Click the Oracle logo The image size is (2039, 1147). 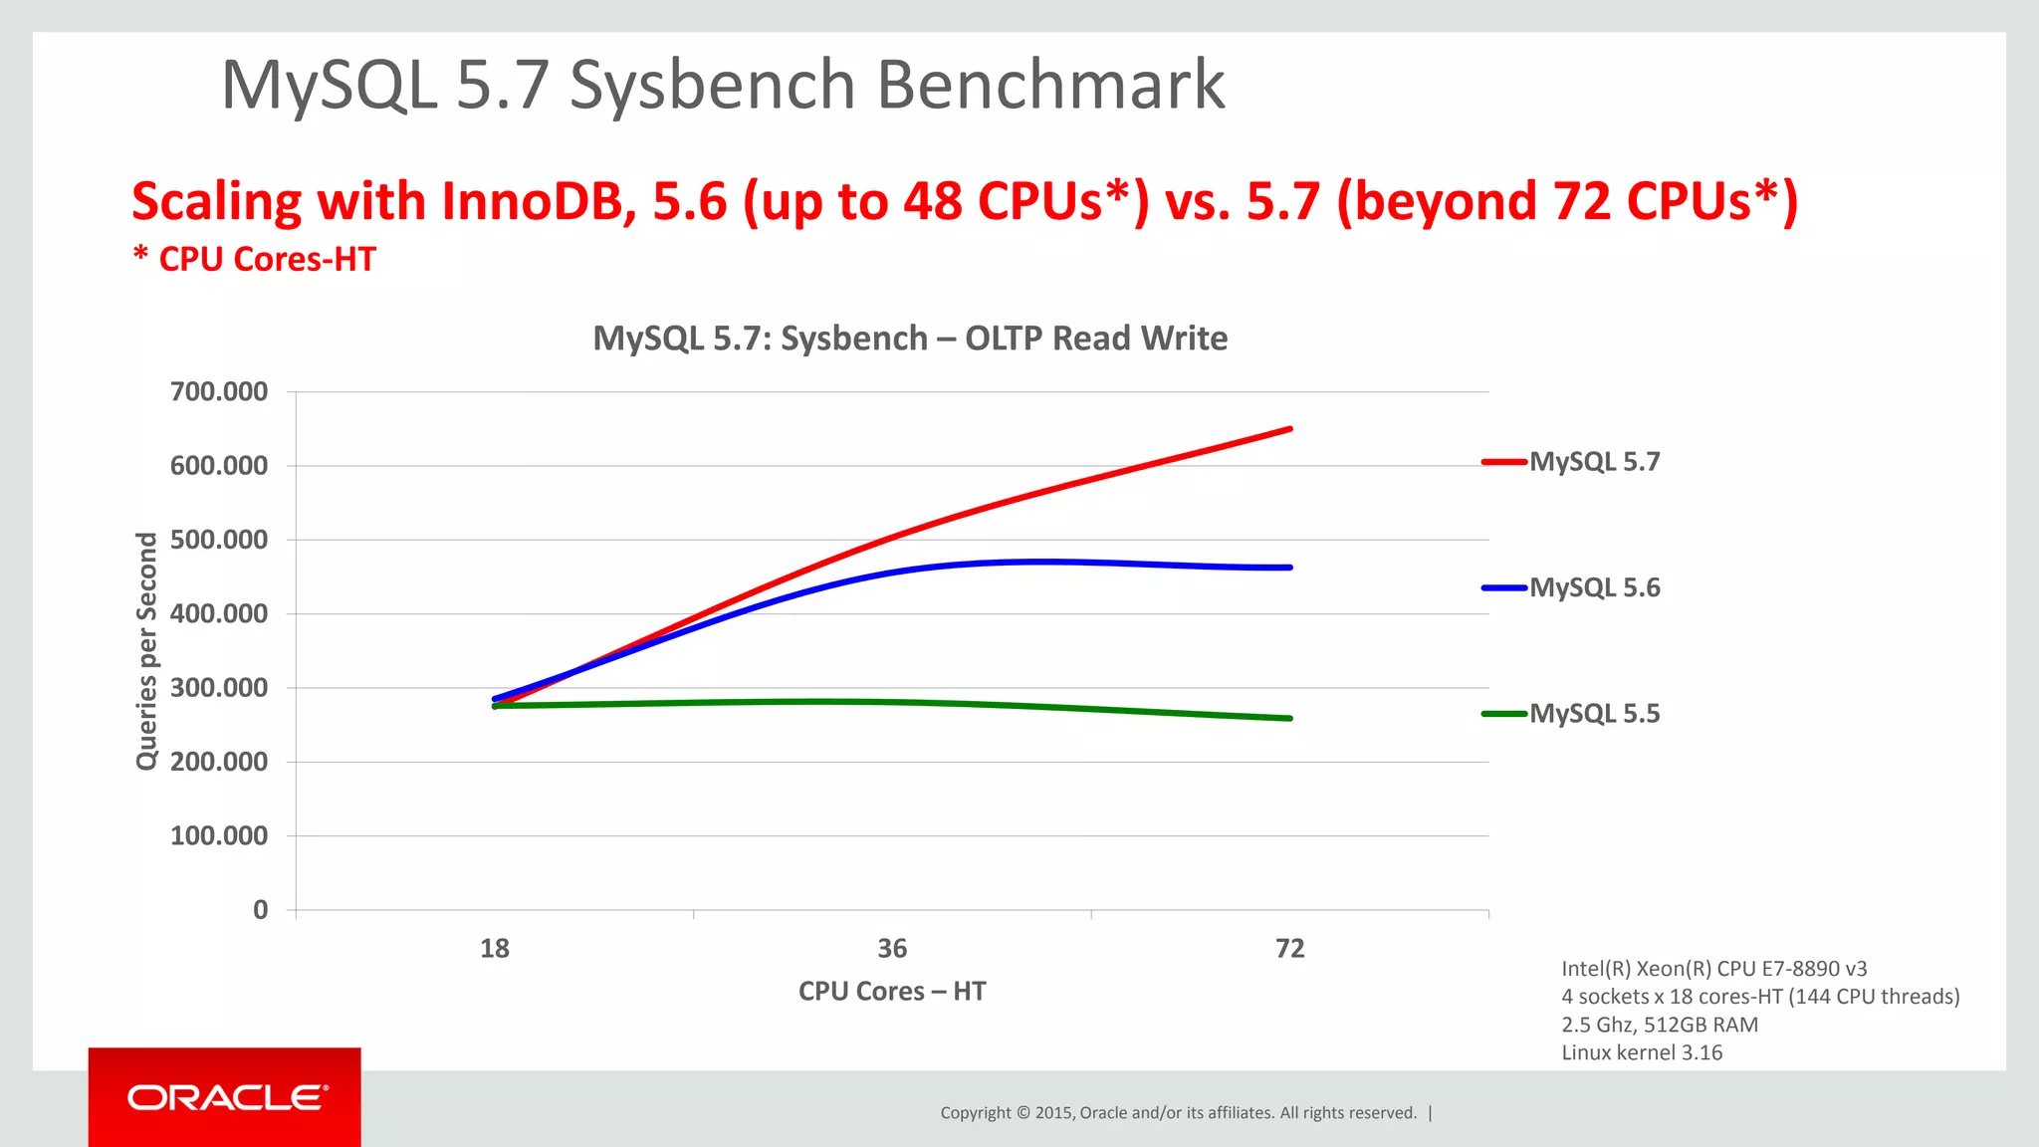pos(226,1097)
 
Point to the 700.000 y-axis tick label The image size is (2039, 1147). pos(219,391)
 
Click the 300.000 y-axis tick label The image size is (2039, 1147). pos(219,688)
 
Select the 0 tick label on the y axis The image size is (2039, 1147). pos(260,910)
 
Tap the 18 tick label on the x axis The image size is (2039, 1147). pos(495,949)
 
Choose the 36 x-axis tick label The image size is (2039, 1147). pos(892,949)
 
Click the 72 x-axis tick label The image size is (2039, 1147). pos(1289,949)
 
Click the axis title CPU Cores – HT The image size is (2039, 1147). pos(892,992)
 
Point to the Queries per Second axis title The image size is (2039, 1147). pos(146,651)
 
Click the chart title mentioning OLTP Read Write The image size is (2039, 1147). pos(910,339)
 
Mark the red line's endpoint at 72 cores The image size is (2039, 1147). pos(1290,429)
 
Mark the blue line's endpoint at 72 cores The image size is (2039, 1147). pos(1290,568)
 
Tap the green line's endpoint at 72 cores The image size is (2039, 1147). pos(1290,718)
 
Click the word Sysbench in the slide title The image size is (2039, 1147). pos(713,86)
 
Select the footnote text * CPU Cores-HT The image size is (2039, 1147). pos(255,259)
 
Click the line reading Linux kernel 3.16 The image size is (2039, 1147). pos(1642,1052)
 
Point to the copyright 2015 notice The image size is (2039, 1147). pos(1178,1113)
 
